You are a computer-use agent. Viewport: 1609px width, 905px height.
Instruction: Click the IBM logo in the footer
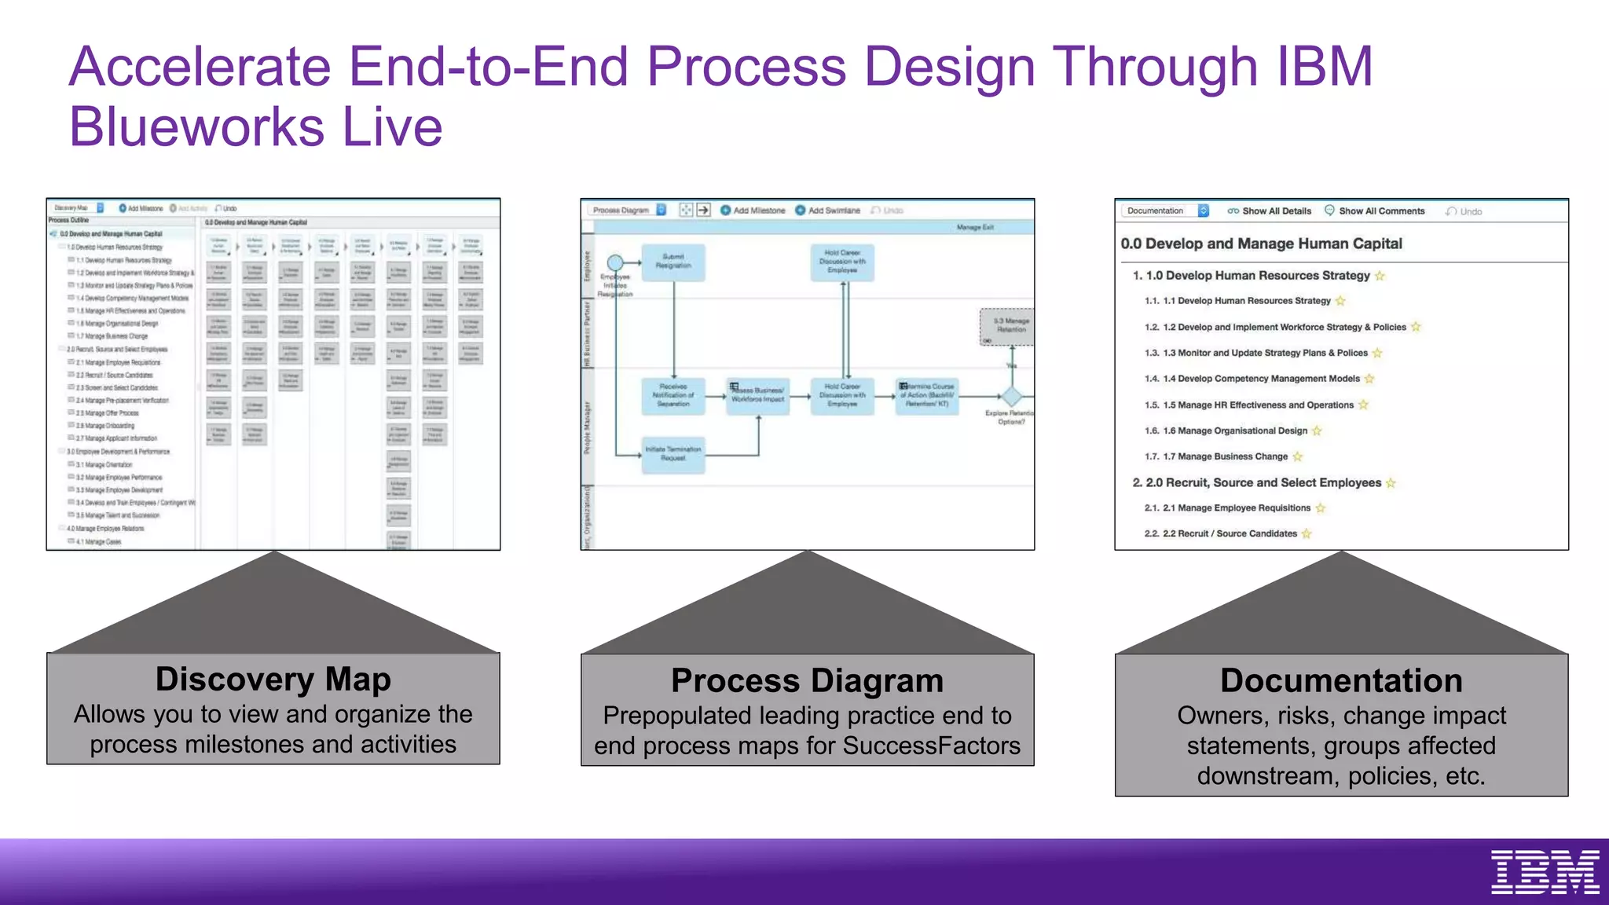(1545, 871)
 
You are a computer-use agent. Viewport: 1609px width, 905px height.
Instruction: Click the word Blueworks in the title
(196, 127)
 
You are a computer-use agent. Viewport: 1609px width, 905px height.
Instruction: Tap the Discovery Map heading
(273, 679)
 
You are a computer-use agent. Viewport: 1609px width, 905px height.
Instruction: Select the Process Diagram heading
(807, 680)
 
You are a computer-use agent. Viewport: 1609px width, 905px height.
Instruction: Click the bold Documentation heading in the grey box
(1340, 680)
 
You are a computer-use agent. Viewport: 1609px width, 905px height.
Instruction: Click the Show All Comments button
(1374, 211)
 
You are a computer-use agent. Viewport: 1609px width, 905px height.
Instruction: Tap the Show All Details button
(1270, 211)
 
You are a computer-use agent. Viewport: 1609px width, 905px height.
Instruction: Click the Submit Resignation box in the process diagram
(673, 262)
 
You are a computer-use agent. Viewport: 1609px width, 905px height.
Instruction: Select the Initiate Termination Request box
(673, 454)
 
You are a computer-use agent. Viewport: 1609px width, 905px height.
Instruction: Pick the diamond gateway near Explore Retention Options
(1012, 396)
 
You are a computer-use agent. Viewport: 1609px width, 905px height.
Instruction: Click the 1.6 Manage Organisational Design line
(1234, 431)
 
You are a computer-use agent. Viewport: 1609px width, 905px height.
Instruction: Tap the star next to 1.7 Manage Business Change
(1298, 456)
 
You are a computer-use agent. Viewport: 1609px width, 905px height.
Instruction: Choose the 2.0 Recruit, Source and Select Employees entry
(1263, 482)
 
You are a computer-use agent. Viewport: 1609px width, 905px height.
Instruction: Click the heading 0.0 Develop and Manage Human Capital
(1261, 244)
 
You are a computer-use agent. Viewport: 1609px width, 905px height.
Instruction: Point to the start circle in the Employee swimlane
(615, 262)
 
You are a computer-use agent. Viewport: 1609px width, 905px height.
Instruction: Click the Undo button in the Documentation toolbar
(1464, 211)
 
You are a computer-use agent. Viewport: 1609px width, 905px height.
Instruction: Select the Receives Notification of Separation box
(673, 395)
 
